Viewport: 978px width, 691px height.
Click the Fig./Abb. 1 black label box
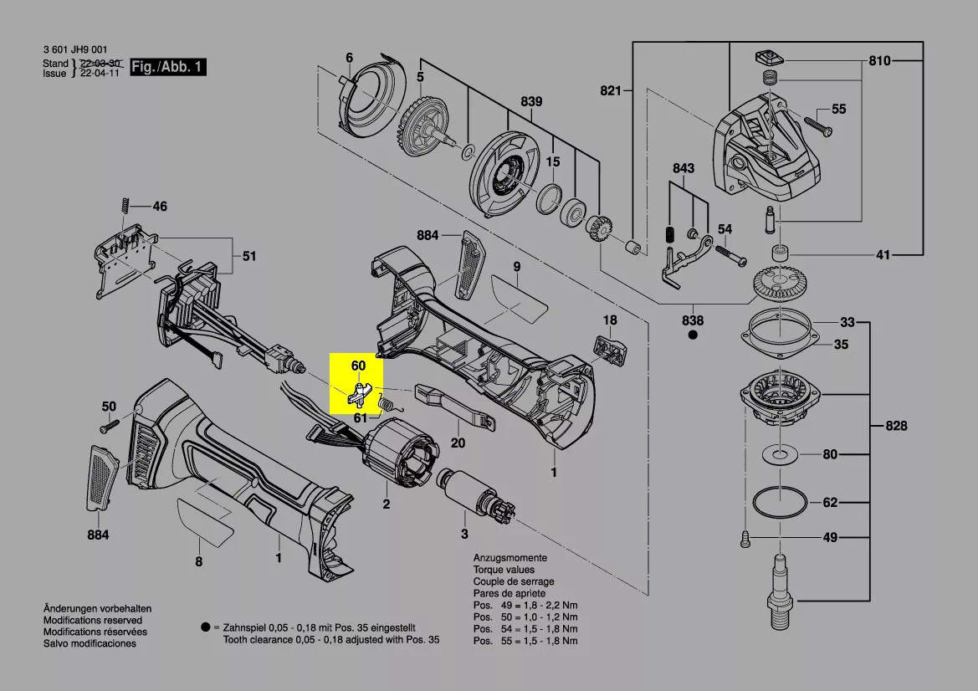[168, 67]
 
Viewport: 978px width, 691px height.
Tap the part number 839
[531, 101]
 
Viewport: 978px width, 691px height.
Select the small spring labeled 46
[124, 205]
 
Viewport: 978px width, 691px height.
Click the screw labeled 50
[109, 427]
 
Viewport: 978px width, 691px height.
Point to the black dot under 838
[693, 335]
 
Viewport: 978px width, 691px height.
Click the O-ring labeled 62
[780, 501]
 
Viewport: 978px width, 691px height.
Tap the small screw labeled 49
[745, 538]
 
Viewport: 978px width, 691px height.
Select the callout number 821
[611, 90]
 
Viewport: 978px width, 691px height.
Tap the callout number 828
[896, 426]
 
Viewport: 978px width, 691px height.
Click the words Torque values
[504, 570]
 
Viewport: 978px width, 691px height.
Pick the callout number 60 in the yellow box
[359, 366]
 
